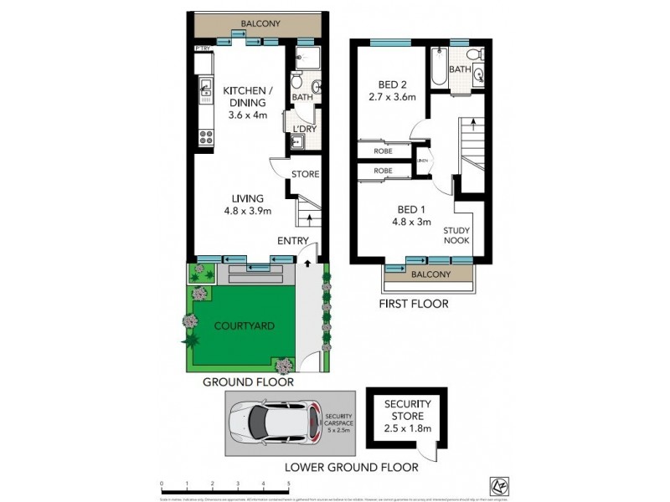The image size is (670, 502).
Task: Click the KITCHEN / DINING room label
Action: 247,102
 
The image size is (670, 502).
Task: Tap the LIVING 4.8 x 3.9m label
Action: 247,205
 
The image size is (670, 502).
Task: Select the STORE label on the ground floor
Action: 306,175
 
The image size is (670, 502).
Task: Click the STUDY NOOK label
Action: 456,235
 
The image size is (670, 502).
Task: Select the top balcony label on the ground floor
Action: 260,24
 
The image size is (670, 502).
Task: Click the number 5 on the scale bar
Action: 289,484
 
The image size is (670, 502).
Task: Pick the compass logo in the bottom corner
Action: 495,485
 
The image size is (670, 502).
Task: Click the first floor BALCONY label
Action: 430,274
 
